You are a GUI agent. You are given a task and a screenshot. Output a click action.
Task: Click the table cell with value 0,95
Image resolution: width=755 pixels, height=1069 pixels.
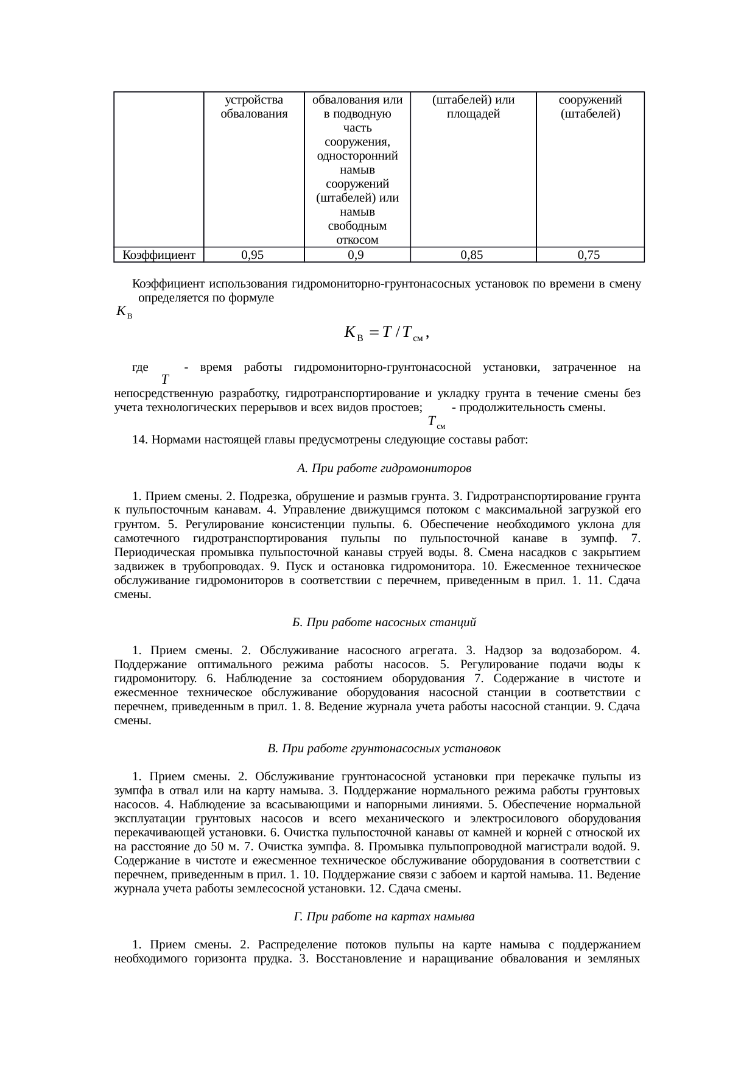coord(252,255)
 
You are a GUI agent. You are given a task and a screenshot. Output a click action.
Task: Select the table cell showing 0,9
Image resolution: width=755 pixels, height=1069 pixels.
coord(357,255)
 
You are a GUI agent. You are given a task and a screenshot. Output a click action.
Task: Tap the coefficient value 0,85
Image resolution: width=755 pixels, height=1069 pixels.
coord(472,255)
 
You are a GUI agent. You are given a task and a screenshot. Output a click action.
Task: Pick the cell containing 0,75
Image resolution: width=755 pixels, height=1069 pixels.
coord(589,255)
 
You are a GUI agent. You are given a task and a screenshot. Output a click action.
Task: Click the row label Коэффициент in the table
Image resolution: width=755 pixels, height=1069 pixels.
coord(159,255)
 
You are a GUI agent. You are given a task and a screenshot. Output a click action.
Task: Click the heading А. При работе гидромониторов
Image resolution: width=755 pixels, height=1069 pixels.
coord(384,468)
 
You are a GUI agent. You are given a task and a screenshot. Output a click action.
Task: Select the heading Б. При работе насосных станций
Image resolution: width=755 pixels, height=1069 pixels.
coord(384,623)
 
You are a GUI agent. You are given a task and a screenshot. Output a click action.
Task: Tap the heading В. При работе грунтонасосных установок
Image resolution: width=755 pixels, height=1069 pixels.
coord(384,748)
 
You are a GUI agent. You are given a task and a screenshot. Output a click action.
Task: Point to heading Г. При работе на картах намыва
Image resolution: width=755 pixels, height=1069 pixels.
coord(384,916)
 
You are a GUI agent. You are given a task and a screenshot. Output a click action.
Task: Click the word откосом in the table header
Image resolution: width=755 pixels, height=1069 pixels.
coord(357,239)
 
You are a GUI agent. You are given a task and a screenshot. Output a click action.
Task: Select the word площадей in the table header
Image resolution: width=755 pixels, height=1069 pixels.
coord(473,113)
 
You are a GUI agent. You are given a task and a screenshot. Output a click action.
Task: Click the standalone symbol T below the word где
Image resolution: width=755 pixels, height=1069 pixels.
coord(174,381)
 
